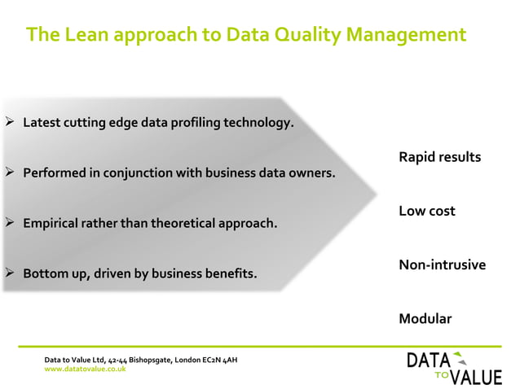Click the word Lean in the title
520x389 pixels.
pyautogui.click(x=83, y=35)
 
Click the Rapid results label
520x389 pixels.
pyautogui.click(x=439, y=156)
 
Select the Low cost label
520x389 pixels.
pyautogui.click(x=426, y=211)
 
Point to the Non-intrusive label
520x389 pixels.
pyautogui.click(x=442, y=264)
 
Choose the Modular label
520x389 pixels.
pyautogui.click(x=425, y=318)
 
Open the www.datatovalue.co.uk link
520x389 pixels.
pyautogui.click(x=85, y=369)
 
